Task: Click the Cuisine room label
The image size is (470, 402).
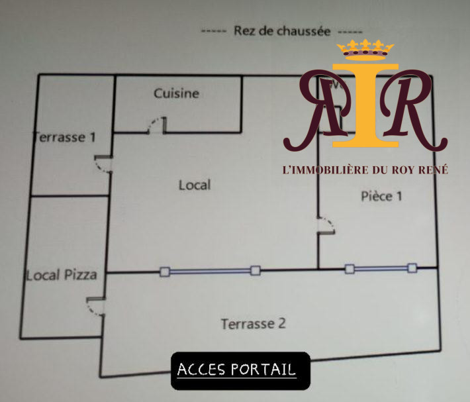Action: coord(177,93)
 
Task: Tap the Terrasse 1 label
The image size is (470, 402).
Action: coord(64,137)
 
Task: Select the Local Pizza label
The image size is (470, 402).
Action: coord(62,276)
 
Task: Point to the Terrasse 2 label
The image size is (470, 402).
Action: coord(254,324)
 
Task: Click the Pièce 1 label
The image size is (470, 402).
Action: coord(381,196)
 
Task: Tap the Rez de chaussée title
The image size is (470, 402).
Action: coord(282,31)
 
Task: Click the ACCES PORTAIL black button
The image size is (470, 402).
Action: coord(240,371)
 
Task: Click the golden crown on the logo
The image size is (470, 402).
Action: coord(365,50)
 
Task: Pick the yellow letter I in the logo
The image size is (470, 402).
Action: coord(365,105)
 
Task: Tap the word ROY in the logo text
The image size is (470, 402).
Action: coord(403,170)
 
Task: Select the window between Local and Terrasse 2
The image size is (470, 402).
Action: coord(210,272)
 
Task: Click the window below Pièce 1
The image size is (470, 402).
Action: coord(381,268)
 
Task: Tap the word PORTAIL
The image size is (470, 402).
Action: coord(263,370)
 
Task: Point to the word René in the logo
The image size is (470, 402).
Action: coord(433,170)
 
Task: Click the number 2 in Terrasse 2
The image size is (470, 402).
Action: coord(282,323)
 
